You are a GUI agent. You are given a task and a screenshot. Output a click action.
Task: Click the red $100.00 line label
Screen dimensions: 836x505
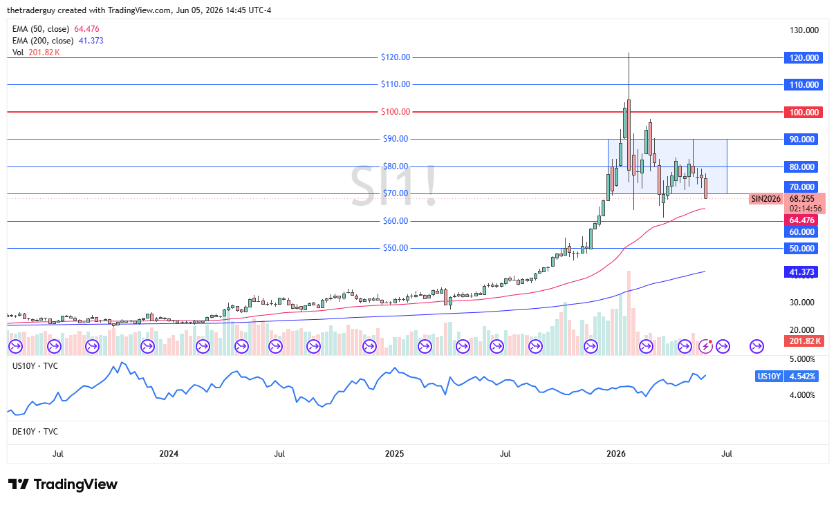tap(396, 111)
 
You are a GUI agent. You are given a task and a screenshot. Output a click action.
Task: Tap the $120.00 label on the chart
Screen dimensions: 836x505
tap(396, 57)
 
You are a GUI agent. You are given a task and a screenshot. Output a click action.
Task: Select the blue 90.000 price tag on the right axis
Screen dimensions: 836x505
tap(801, 139)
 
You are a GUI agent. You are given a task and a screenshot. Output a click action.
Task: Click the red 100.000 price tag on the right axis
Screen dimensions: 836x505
tap(804, 112)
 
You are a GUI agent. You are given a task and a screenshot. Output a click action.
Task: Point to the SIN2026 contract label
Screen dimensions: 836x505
tap(766, 199)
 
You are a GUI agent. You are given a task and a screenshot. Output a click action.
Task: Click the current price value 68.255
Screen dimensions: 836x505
tap(801, 199)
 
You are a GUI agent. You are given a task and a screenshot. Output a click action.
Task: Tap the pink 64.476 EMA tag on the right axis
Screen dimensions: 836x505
tap(801, 220)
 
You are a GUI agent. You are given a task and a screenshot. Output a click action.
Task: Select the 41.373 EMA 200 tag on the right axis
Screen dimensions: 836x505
tap(801, 272)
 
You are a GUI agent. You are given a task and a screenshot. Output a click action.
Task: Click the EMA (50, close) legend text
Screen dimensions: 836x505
tap(41, 29)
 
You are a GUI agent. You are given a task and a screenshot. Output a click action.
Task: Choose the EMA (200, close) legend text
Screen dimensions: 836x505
tap(43, 41)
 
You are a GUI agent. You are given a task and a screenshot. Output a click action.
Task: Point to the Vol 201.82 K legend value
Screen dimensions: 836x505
tap(44, 53)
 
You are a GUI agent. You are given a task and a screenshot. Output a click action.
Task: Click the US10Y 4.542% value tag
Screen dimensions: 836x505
tap(801, 376)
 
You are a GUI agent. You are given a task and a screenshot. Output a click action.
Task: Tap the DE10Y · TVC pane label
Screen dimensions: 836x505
tap(35, 432)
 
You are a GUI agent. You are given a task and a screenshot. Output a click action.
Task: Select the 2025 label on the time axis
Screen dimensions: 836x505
tap(394, 453)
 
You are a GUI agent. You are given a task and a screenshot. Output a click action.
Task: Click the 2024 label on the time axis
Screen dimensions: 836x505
tap(169, 453)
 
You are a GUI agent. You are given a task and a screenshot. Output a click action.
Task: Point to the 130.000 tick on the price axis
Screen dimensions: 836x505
tap(804, 30)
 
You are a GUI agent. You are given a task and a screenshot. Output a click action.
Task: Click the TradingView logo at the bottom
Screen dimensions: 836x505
tap(63, 484)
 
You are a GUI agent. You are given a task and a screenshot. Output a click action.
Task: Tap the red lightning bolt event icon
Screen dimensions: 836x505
tap(705, 347)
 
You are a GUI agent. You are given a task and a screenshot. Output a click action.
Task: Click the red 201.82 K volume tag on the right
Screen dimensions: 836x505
tap(804, 341)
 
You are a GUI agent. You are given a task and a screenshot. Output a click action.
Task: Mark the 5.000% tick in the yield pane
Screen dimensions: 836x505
tap(802, 359)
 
